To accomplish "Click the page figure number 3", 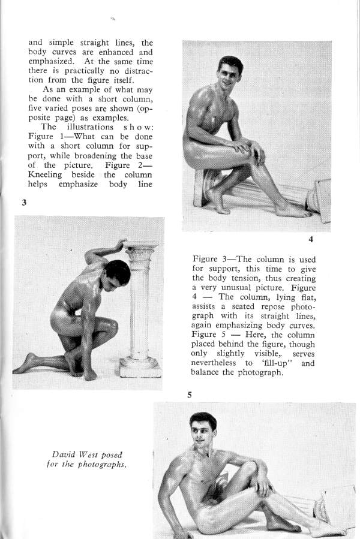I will [x=25, y=203].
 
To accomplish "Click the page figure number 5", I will [x=189, y=395].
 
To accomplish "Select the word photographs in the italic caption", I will [x=103, y=465].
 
